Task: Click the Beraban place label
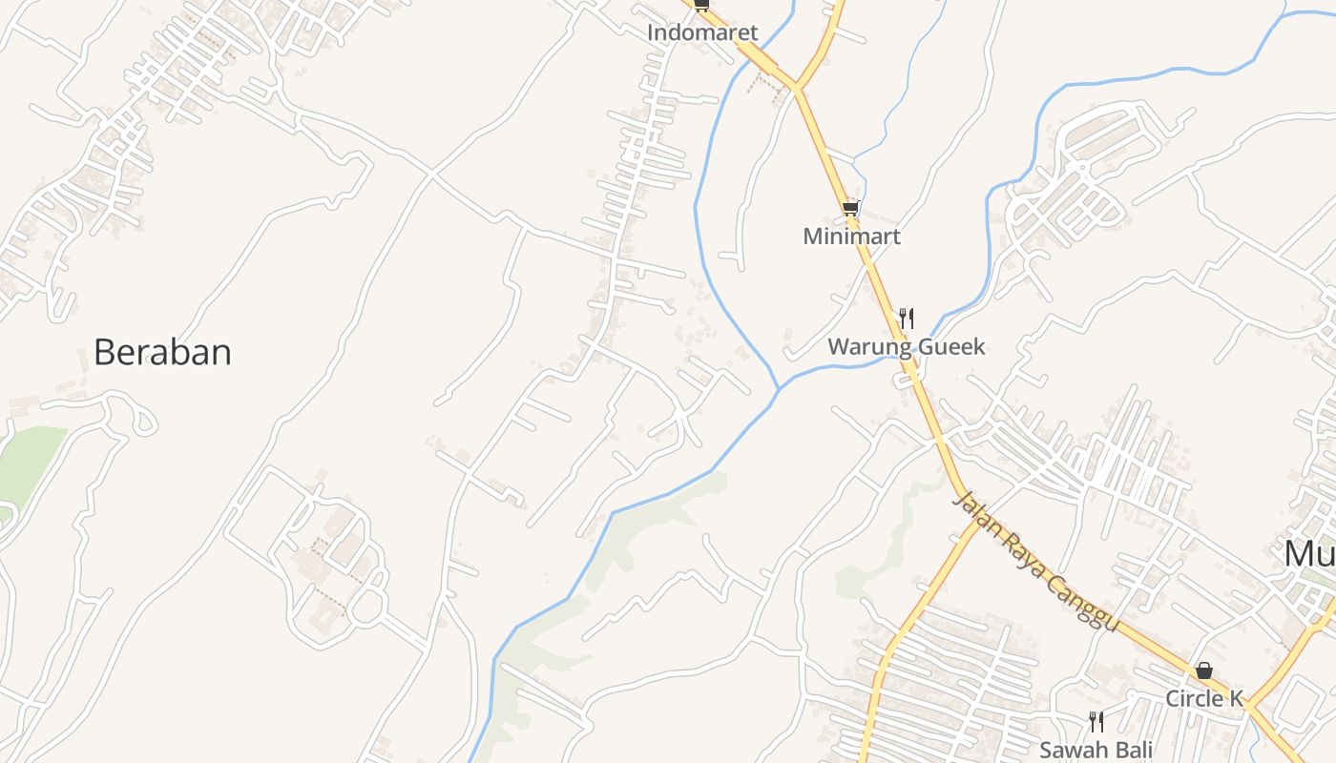162,353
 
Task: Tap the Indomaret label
702,32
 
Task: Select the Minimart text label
851,236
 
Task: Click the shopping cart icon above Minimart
850,208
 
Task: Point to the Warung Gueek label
906,346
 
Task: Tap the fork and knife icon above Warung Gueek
907,318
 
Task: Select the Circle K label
1204,699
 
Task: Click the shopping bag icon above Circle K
1204,670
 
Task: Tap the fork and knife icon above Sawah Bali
1096,721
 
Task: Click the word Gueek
950,346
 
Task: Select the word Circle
1193,699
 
